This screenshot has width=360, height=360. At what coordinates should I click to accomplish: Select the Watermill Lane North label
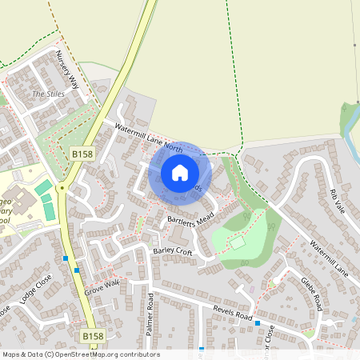coord(149,136)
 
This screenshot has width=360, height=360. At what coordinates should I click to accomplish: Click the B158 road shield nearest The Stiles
coord(81,152)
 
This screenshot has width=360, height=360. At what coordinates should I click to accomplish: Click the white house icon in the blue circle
coord(180,172)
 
